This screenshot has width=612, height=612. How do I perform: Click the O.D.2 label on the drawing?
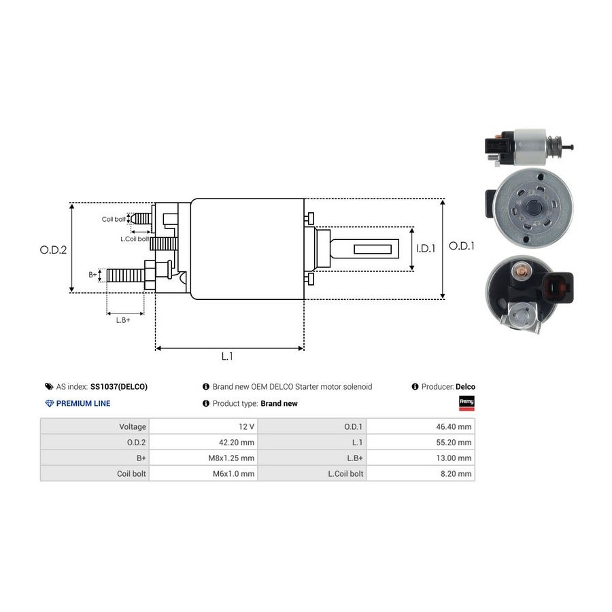[53, 250]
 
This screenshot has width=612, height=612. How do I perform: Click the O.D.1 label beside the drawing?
[462, 246]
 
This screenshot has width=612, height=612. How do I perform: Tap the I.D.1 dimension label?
[426, 249]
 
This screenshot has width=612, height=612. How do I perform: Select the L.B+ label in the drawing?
[123, 320]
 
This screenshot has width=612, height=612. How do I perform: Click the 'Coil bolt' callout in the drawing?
[114, 219]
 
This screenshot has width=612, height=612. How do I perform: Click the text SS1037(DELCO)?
[118, 387]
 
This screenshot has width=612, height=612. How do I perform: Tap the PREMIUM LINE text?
[83, 403]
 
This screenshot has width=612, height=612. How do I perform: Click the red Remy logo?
[467, 403]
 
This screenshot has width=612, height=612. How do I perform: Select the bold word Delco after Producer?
[466, 387]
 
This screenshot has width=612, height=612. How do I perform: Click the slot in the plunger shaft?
[376, 250]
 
